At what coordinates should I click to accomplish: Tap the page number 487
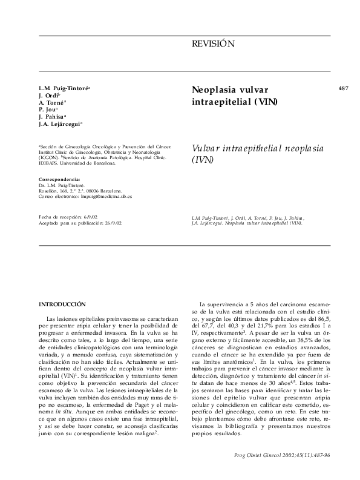click(x=344, y=88)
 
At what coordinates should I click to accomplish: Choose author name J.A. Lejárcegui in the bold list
click(x=59, y=124)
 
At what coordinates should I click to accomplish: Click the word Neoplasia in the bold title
click(x=213, y=89)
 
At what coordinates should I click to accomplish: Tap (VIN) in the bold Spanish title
click(x=266, y=101)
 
